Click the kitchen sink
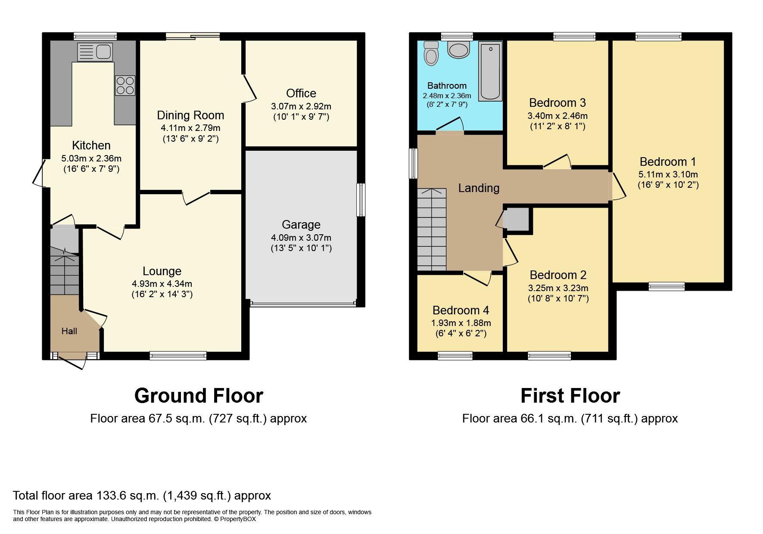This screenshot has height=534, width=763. [x=95, y=52]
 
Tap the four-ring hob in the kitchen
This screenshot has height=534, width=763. [x=125, y=85]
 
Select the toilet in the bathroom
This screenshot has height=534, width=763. [x=431, y=53]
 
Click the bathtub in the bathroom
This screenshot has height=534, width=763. [x=491, y=71]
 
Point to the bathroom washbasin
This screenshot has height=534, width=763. [x=458, y=50]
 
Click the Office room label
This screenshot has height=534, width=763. [x=301, y=93]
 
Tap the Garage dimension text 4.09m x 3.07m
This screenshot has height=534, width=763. [x=301, y=237]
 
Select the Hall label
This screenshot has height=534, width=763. [x=69, y=331]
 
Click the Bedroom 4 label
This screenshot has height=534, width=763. [x=461, y=310]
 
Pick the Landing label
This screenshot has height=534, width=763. [x=478, y=188]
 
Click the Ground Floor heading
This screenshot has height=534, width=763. [x=199, y=396]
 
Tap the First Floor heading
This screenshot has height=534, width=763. [x=570, y=396]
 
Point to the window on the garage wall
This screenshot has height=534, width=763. [x=361, y=200]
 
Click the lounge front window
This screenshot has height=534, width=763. [x=178, y=355]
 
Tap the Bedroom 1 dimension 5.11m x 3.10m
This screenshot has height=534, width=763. [x=668, y=174]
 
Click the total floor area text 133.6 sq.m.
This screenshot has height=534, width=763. [x=142, y=496]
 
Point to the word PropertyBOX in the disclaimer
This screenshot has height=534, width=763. [x=238, y=519]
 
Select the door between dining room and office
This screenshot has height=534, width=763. [x=249, y=89]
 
